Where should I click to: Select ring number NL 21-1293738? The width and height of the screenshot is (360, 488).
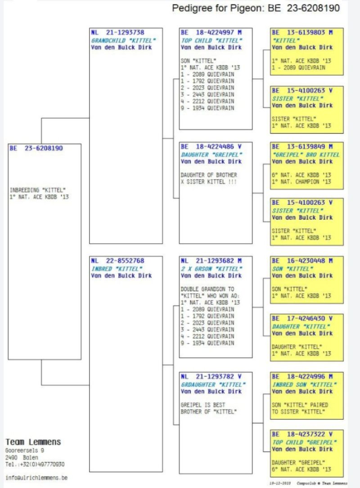pos(117,33)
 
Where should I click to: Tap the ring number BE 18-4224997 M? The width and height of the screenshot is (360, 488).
pos(211,33)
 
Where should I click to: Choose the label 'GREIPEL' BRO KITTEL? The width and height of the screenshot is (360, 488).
pos(306,155)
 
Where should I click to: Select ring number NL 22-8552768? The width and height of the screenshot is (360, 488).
pos(117,261)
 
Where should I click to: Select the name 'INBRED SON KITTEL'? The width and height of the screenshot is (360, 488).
pos(304,385)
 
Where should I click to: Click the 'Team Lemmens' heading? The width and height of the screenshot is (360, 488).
pos(33,442)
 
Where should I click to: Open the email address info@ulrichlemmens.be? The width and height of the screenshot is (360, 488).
pos(36,478)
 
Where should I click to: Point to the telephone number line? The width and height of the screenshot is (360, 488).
pos(35,464)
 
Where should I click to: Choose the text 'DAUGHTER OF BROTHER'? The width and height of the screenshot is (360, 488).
pos(208,175)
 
